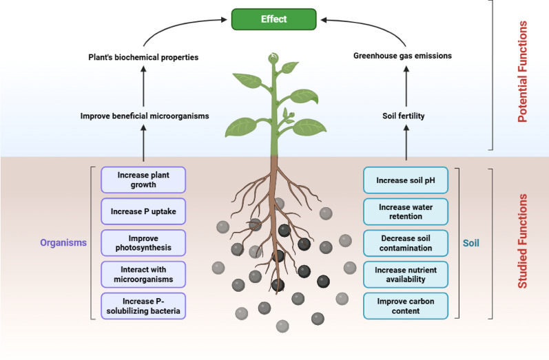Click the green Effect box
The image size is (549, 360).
point(273,19)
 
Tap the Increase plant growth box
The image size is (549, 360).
point(143,180)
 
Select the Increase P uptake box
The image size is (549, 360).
point(143,211)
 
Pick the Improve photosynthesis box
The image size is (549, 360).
point(143,243)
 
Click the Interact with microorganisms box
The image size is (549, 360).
point(143,274)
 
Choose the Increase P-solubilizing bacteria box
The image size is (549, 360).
point(143,306)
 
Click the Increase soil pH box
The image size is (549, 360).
point(406,180)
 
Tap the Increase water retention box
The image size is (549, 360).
point(406,211)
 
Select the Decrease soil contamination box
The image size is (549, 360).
point(406,243)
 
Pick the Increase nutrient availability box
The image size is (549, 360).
point(406,275)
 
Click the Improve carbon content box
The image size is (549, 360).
point(406,306)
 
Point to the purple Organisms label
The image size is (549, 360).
point(63,243)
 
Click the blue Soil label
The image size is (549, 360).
point(471,243)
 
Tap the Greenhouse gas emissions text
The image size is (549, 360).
point(403,56)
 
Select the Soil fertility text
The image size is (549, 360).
point(404,116)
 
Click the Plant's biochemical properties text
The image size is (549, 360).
point(143,57)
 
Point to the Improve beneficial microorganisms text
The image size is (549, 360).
point(145,116)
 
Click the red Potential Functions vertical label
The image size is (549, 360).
point(522,72)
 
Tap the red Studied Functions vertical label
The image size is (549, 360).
point(522,242)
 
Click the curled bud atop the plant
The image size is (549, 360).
point(273,58)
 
